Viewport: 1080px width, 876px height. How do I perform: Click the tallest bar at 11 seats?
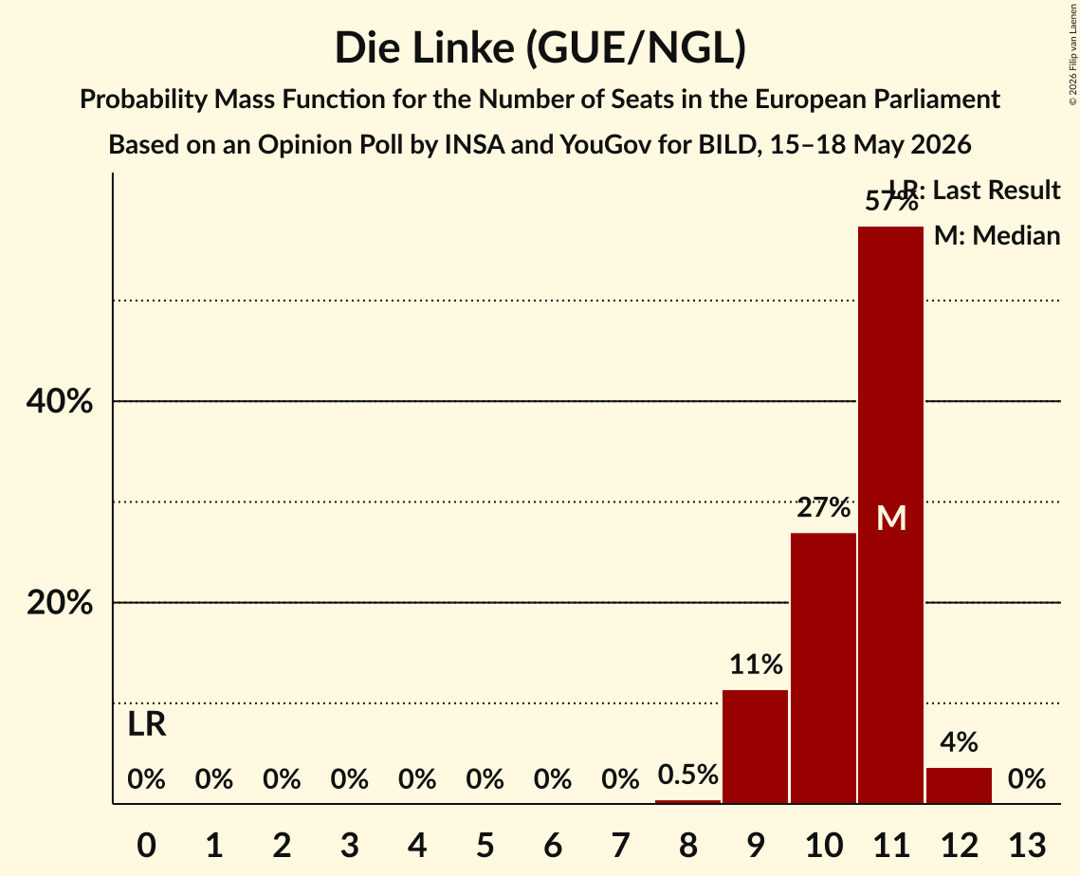pos(890,515)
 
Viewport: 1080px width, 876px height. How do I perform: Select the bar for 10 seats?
pos(823,668)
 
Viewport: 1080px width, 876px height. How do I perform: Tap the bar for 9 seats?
pos(756,746)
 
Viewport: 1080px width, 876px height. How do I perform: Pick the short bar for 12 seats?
pos(959,786)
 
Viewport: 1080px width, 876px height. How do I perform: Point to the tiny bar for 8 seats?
pos(687,802)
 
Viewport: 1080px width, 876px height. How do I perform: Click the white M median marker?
pos(891,518)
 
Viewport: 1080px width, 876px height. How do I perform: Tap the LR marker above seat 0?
pos(147,724)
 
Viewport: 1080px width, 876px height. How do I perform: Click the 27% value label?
pos(824,507)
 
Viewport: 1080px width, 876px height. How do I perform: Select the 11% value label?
pos(756,665)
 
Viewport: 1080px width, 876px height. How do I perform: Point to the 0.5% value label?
pos(688,775)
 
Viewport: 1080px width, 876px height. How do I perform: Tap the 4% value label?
pos(959,742)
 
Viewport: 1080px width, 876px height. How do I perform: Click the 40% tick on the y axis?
pos(59,401)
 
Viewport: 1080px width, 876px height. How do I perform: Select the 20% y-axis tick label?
pos(59,603)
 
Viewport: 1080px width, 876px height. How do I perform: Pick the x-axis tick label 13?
pos(1027,845)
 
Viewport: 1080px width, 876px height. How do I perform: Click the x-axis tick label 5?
pos(485,845)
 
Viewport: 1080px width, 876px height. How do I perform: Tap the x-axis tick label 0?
pos(147,845)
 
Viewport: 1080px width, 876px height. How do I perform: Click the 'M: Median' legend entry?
pos(997,235)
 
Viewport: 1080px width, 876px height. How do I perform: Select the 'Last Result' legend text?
pos(996,190)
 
